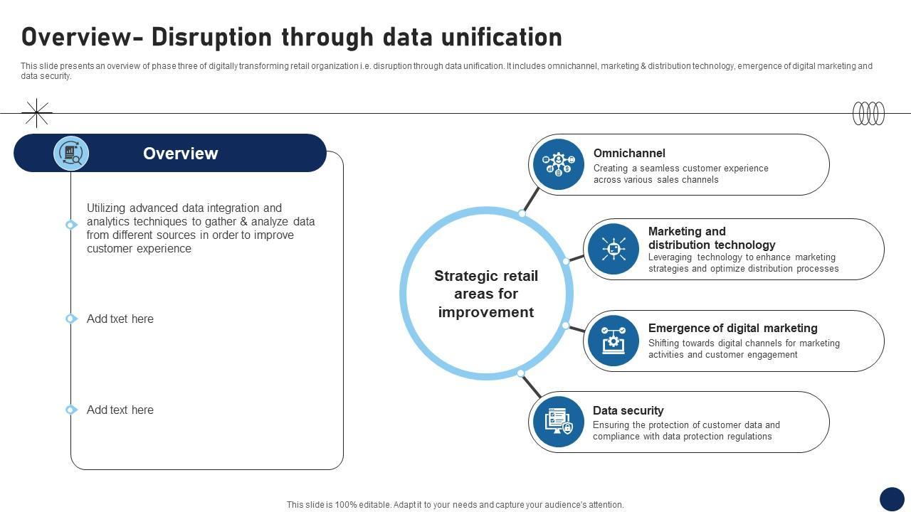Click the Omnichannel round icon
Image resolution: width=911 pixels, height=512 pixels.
pyautogui.click(x=559, y=164)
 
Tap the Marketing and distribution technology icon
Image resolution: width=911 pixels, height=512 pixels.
pyautogui.click(x=614, y=249)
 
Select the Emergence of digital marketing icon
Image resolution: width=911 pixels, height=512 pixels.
pyautogui.click(x=614, y=341)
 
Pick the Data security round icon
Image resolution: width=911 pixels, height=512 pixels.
pyautogui.click(x=559, y=422)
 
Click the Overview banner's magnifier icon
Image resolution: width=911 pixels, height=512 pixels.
pyautogui.click(x=71, y=153)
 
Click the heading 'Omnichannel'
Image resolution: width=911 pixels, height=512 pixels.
pyautogui.click(x=629, y=153)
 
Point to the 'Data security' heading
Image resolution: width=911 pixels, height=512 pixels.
pyautogui.click(x=628, y=410)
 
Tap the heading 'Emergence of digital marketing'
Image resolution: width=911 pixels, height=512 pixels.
pyautogui.click(x=732, y=328)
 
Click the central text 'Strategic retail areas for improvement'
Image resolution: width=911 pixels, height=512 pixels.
pyautogui.click(x=486, y=294)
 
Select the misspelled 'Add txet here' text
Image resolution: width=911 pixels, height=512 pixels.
pyautogui.click(x=120, y=319)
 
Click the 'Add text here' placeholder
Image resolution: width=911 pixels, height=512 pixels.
pyautogui.click(x=120, y=410)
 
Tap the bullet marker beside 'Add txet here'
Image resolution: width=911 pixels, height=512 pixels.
pyautogui.click(x=70, y=319)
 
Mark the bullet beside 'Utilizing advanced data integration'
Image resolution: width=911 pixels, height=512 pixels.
pyautogui.click(x=70, y=225)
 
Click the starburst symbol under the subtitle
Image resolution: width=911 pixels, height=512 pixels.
pyautogui.click(x=36, y=113)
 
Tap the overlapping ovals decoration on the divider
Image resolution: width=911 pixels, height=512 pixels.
pyautogui.click(x=868, y=113)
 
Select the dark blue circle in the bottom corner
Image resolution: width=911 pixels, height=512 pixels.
pyautogui.click(x=892, y=499)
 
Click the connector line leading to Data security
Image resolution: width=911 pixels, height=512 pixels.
pyautogui.click(x=531, y=386)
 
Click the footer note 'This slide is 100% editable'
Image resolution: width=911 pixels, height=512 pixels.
pyautogui.click(x=455, y=505)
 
